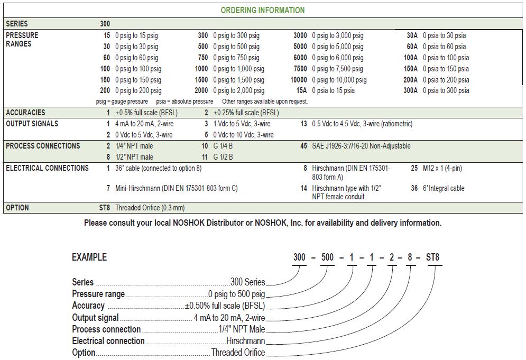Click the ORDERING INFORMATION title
[262, 10]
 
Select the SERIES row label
[17, 24]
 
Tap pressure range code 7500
[300, 69]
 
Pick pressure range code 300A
[410, 90]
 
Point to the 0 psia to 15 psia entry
[333, 90]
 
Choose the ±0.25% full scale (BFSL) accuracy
[246, 113]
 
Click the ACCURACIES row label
[25, 113]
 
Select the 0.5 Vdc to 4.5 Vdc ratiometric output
[362, 124]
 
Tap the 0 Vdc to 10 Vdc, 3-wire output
[244, 135]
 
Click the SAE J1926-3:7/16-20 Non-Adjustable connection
[361, 146]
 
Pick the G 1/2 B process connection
[223, 157]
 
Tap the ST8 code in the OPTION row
[105, 208]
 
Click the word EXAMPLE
[89, 257]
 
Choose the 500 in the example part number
[328, 258]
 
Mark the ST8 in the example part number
[432, 258]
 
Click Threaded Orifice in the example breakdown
[238, 352]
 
